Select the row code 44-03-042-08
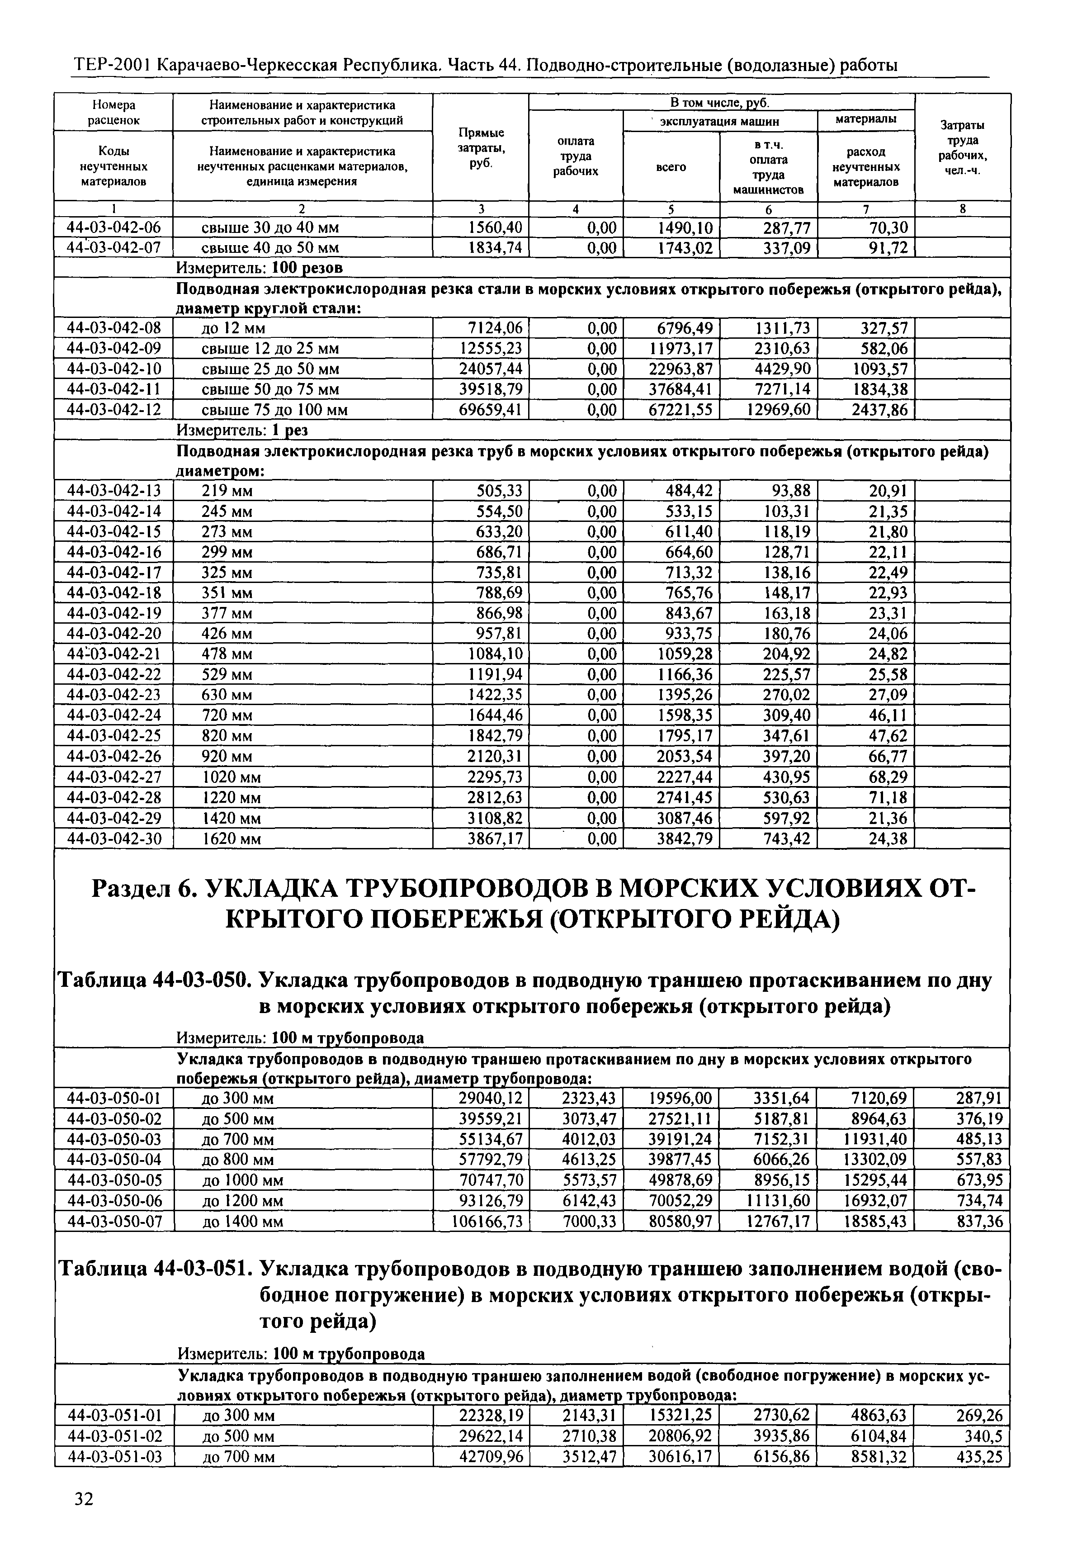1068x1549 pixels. click(x=114, y=328)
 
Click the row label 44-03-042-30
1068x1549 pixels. click(x=114, y=839)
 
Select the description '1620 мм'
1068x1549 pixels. click(x=232, y=839)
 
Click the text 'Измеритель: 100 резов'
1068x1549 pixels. click(x=259, y=268)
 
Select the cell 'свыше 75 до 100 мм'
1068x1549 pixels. click(x=274, y=410)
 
